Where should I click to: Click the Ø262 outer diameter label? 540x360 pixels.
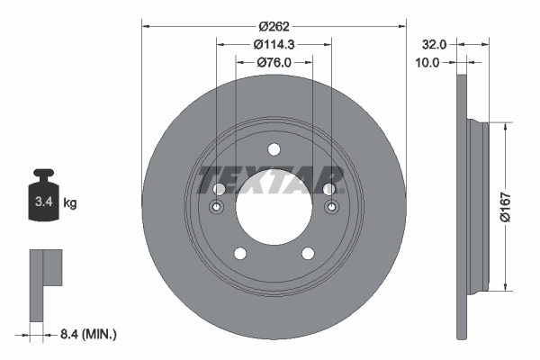coord(274,26)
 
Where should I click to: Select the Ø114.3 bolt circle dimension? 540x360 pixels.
coord(274,44)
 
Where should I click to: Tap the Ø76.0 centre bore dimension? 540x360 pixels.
coord(274,62)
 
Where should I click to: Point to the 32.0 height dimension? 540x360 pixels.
coord(435,43)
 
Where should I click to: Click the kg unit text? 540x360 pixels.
coord(70,203)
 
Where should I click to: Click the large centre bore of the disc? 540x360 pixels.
coord(274,206)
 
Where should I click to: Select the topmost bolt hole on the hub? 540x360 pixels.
coord(274,149)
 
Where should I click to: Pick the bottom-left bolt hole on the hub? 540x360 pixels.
coord(241,254)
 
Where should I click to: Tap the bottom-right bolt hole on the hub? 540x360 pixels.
coord(308,254)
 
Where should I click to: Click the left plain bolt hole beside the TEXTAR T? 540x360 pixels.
coord(220,188)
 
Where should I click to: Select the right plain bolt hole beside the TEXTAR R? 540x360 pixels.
coord(329,188)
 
